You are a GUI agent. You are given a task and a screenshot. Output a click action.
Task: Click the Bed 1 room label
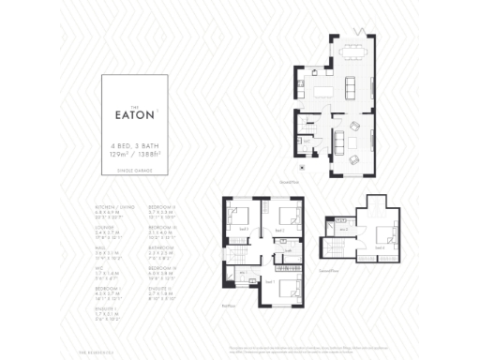pos(270,281)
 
